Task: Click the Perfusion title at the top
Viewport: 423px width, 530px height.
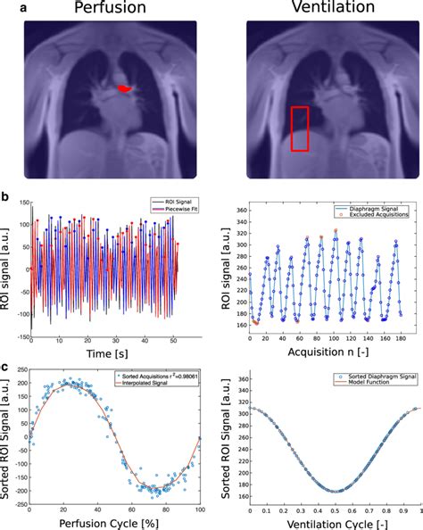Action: tap(105, 10)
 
